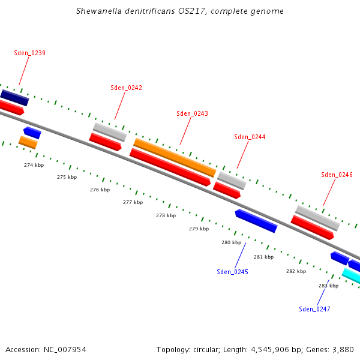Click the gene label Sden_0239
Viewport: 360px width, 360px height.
(29, 53)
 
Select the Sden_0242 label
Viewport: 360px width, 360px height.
(126, 88)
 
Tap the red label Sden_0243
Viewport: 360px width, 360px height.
(192, 113)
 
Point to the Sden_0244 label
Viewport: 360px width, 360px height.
(250, 137)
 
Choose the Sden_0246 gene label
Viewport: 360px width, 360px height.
(337, 175)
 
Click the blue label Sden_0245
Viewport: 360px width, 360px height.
(232, 272)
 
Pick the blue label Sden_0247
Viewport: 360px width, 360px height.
(314, 309)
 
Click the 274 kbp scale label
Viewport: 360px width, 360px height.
(34, 165)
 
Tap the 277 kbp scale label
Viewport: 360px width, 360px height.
(133, 202)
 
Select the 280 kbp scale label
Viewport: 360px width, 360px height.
(231, 242)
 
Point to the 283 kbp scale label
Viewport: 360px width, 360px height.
(328, 286)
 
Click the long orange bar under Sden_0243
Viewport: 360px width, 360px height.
(175, 158)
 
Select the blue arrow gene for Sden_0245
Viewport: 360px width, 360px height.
(256, 221)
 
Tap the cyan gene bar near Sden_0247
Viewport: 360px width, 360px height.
(352, 276)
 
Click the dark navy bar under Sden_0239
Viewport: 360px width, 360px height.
(14, 97)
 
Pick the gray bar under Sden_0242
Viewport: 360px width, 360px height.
(110, 132)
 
